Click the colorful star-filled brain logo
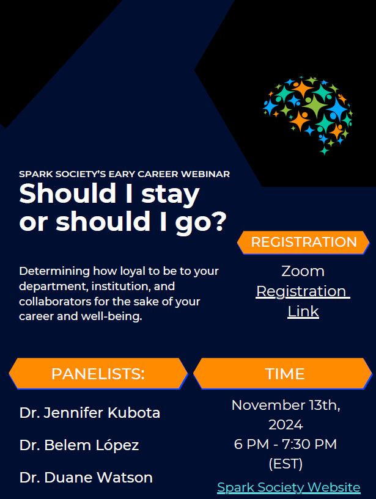(308, 115)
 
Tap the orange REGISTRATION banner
(303, 242)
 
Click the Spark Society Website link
(289, 487)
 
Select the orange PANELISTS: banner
(98, 374)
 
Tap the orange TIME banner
(282, 374)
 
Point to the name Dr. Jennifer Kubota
(90, 413)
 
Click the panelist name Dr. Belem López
(79, 445)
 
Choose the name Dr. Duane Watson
(86, 478)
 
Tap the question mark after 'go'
(219, 220)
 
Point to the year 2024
(286, 424)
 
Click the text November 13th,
(286, 405)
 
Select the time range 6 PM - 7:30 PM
(286, 444)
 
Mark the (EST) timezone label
(286, 464)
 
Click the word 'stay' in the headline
(171, 195)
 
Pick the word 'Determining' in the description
(54, 271)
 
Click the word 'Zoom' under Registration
(303, 271)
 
